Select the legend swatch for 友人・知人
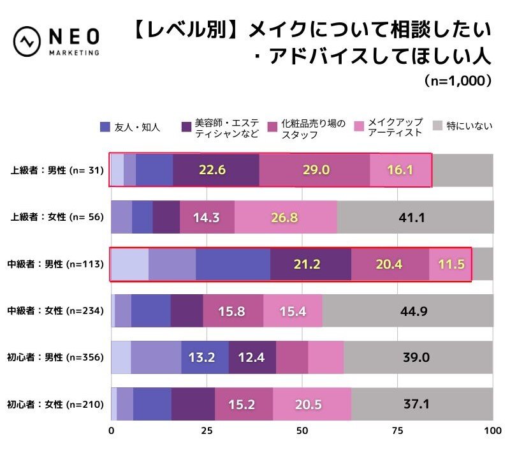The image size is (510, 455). [105, 126]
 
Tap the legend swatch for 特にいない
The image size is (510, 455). [437, 126]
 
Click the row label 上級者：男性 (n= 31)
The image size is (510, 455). [55, 170]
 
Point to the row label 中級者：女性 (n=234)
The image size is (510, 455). [55, 311]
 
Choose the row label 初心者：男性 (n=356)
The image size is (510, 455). [55, 357]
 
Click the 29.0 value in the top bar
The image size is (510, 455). [314, 170]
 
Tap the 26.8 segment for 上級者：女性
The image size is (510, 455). [285, 217]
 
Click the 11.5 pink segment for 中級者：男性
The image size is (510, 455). [450, 264]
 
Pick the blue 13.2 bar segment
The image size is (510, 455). [205, 357]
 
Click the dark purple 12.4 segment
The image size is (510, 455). [252, 357]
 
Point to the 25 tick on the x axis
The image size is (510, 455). [207, 431]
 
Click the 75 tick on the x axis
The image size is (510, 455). [398, 431]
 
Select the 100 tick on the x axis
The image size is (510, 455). [492, 431]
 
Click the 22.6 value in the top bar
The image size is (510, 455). [216, 170]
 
